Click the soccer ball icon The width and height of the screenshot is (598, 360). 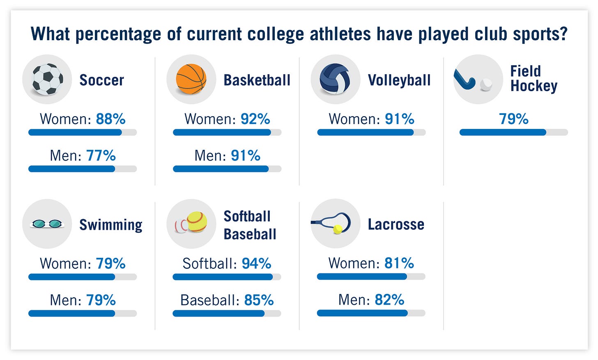click(x=47, y=79)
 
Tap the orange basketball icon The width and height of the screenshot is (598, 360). click(x=191, y=79)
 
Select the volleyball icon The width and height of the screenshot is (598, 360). click(x=335, y=79)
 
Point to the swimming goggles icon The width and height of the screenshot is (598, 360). click(x=47, y=224)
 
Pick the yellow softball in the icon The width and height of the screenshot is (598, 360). click(x=197, y=222)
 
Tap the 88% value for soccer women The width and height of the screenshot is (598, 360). click(x=110, y=119)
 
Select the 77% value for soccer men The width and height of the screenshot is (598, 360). click(x=101, y=156)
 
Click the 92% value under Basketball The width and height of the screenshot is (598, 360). click(x=255, y=119)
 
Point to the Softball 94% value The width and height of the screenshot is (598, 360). click(x=256, y=264)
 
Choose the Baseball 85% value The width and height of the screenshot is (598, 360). click(x=259, y=300)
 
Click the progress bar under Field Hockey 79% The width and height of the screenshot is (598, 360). click(x=513, y=132)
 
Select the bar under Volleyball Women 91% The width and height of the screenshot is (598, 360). click(x=371, y=132)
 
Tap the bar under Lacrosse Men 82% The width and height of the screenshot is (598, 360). click(x=371, y=313)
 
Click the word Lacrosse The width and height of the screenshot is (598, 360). click(x=396, y=225)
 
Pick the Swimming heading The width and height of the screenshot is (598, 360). click(x=110, y=225)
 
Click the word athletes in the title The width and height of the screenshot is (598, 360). click(x=340, y=34)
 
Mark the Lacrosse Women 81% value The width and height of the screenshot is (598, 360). click(x=399, y=263)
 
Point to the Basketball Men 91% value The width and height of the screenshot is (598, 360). click(x=246, y=156)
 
